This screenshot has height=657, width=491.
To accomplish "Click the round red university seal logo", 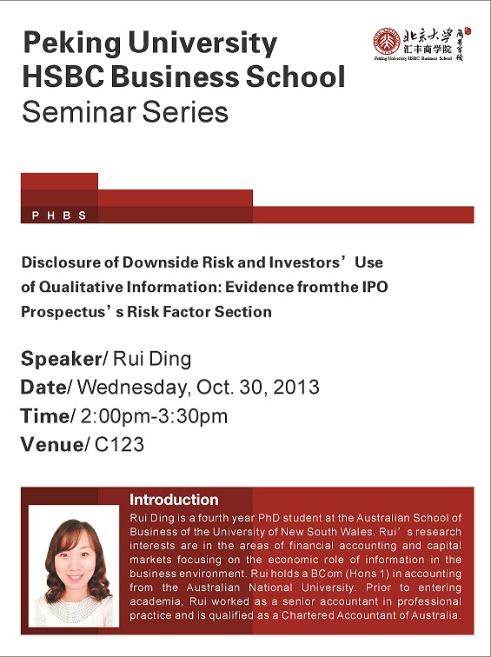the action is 387,41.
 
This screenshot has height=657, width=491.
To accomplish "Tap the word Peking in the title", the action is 72,43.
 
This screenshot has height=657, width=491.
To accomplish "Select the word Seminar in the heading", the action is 79,112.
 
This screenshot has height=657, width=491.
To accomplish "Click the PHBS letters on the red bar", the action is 59,216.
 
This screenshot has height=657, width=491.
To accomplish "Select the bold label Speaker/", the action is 64,359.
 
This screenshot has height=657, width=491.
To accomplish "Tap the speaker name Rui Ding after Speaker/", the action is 152,360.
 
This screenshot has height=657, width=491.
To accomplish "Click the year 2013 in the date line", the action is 296,387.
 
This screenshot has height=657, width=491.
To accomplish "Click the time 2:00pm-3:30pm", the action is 154,416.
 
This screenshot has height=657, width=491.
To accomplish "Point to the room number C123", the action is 119,444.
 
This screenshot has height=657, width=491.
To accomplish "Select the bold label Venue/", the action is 55,444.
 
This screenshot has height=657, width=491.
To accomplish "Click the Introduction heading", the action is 174,500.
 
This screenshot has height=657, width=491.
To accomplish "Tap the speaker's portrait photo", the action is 74,567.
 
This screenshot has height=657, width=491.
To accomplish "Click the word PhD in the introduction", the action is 269,518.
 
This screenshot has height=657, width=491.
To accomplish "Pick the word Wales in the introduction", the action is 357,532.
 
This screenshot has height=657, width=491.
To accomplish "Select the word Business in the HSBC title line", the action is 176,77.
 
